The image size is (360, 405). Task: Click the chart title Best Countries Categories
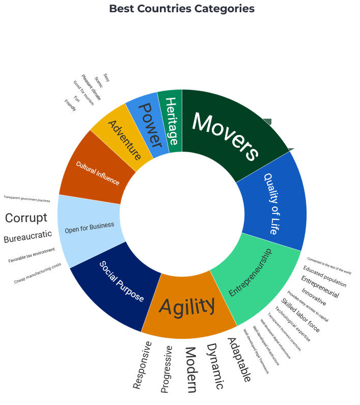[182, 9]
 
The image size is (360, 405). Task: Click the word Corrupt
[26, 218]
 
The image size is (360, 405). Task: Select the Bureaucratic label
[27, 237]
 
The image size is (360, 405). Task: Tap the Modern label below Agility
[190, 370]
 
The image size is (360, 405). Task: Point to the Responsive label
[142, 365]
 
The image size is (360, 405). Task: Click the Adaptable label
[239, 360]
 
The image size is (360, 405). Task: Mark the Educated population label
[324, 277]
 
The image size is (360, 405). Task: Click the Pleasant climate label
[91, 87]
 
